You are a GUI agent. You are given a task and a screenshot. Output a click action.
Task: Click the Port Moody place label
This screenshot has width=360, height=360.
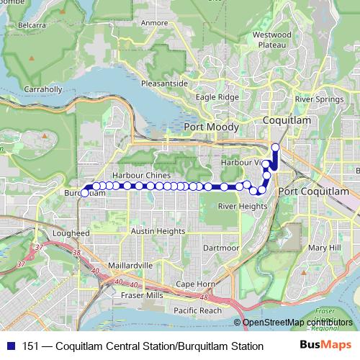point(211,127)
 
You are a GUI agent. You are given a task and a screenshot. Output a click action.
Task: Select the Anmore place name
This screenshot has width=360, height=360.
point(155,22)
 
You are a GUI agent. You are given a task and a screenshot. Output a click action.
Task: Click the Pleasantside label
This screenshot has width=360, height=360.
point(165,84)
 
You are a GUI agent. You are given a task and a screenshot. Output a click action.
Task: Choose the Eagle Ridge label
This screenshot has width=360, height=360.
point(217,96)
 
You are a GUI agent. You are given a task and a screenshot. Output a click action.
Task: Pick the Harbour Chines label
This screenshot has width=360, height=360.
point(141,176)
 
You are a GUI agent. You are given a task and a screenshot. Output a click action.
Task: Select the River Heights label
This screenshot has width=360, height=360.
point(243,206)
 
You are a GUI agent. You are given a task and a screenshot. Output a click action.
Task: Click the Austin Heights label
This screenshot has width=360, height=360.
point(158,231)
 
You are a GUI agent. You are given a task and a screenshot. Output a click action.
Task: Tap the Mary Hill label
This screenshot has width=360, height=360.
point(323,248)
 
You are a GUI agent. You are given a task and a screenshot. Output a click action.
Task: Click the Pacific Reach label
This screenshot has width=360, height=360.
point(197,310)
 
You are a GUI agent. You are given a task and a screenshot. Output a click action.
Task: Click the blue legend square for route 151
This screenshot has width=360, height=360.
point(12,346)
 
